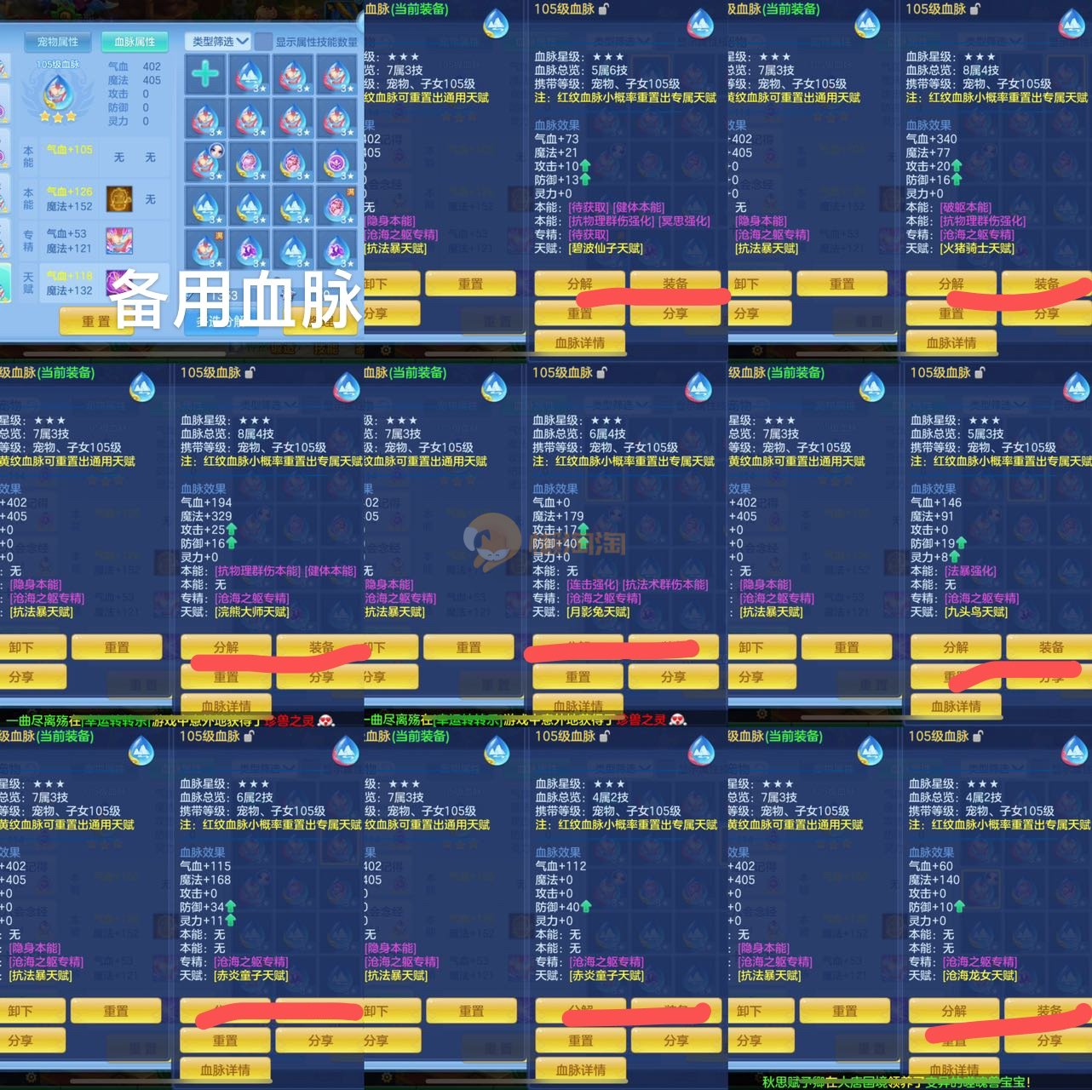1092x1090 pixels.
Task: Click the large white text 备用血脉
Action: pos(234,300)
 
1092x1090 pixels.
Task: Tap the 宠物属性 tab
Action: pos(58,42)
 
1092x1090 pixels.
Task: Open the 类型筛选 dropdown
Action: pos(218,41)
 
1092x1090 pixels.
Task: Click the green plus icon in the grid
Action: pos(204,74)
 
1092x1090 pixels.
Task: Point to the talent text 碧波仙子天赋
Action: pos(606,249)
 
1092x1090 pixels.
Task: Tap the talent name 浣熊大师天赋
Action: pos(252,612)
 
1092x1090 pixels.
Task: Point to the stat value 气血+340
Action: pos(931,139)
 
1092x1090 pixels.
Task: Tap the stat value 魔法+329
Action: pos(206,516)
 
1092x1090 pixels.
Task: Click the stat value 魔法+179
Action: pos(558,516)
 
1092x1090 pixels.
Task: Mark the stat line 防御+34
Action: pos(202,907)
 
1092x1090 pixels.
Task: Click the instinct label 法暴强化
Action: pos(970,571)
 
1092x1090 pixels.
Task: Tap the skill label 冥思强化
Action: pos(685,221)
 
